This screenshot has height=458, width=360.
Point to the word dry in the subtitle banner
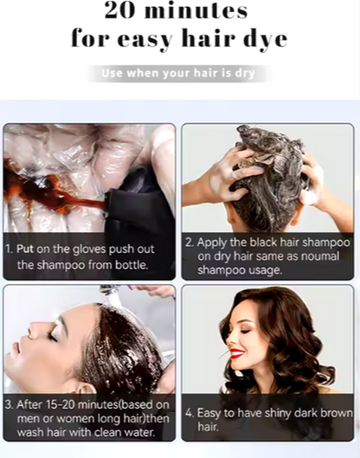pos(244,74)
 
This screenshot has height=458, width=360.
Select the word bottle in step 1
pos(126,264)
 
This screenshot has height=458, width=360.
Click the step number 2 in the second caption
pos(190,242)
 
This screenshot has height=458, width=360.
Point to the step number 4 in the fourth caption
pos(190,412)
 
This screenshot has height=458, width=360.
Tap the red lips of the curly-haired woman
pos(236,353)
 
